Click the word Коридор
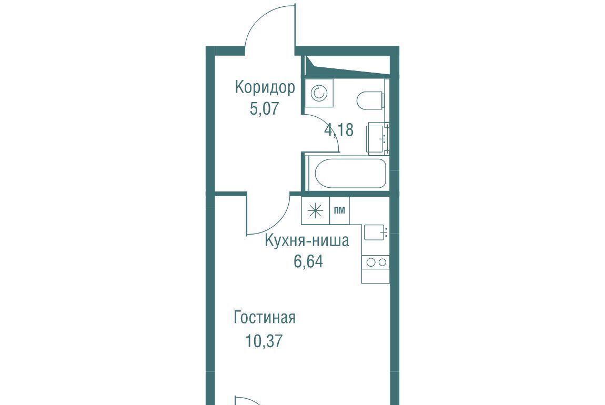click(265, 88)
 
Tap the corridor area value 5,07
click(264, 108)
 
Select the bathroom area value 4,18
click(339, 130)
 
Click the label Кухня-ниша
click(307, 240)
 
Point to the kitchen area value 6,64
click(308, 261)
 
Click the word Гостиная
click(265, 318)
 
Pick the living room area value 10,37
click(264, 341)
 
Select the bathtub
click(350, 173)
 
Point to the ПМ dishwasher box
click(339, 210)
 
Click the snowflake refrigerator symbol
click(316, 210)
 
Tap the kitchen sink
click(374, 232)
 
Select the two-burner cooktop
click(376, 262)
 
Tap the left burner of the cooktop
click(371, 262)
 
